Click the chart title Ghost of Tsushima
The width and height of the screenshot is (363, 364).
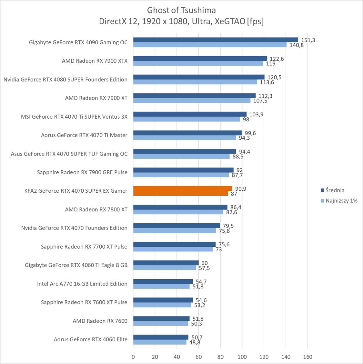[x=181, y=10]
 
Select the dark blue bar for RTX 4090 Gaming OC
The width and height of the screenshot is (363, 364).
[x=216, y=40]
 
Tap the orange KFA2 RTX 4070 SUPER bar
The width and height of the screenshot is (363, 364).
[x=182, y=191]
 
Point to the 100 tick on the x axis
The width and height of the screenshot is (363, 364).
[x=242, y=357]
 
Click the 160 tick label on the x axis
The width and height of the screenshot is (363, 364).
[x=308, y=357]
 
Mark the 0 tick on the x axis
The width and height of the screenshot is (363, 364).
[x=133, y=357]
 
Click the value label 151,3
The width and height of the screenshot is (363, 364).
[x=308, y=40]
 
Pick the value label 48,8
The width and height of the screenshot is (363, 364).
[x=195, y=342]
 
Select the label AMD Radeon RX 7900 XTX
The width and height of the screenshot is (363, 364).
[x=95, y=61]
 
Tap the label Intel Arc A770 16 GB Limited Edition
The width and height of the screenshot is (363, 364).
[x=82, y=284]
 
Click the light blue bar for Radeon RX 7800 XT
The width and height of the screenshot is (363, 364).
[x=178, y=212]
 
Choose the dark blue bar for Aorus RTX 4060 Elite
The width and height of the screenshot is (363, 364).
[x=161, y=337]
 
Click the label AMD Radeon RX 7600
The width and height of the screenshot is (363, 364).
[x=100, y=321]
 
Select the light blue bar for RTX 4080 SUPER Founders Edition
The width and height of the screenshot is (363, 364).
[x=195, y=82]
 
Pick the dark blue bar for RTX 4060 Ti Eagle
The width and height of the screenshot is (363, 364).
[x=166, y=263]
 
